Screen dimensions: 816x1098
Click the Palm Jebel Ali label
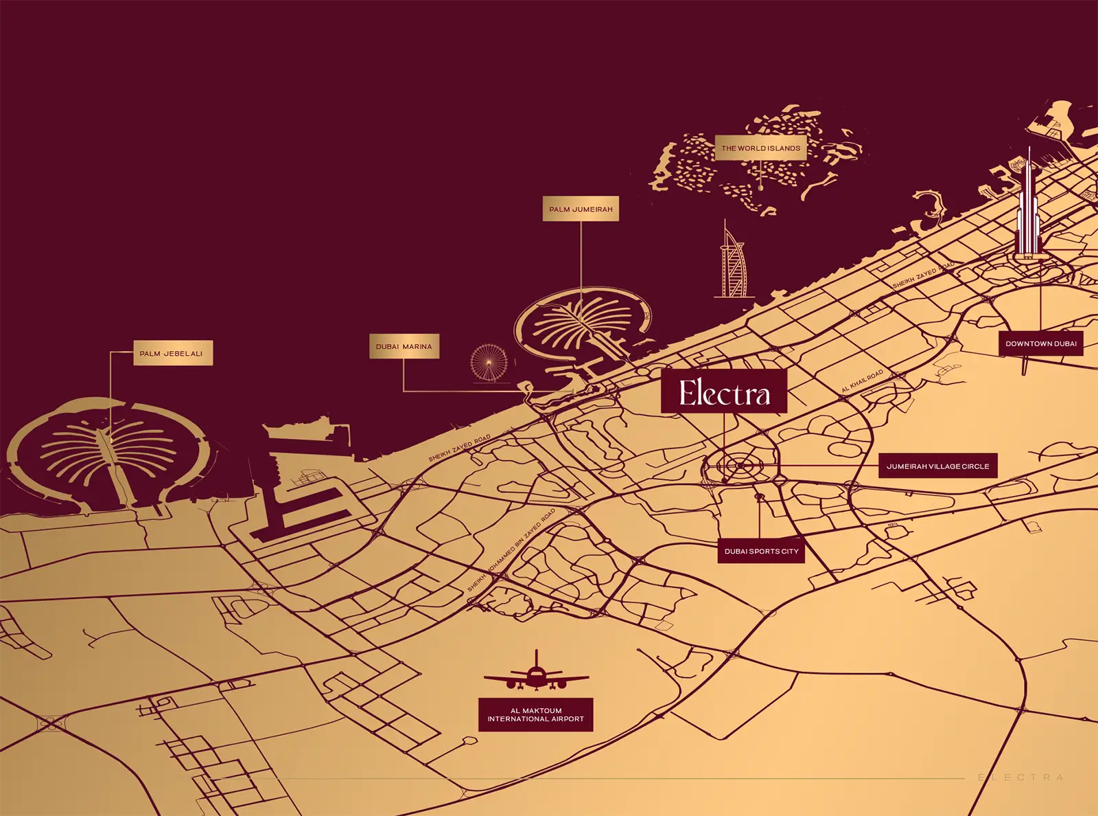172,354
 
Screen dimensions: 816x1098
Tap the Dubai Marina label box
404,347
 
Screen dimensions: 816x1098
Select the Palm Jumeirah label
581,209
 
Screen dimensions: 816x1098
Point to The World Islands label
760,148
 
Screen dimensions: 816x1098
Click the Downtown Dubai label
1040,343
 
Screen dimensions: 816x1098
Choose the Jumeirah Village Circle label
937,466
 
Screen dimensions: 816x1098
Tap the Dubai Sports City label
761,552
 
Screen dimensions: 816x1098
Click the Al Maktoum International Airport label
536,715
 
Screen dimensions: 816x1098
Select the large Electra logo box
724,392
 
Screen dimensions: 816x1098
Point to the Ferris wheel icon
489,363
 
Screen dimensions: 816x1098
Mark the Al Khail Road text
863,381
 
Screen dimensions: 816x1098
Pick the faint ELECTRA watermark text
1020,778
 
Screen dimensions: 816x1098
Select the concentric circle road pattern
740,466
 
